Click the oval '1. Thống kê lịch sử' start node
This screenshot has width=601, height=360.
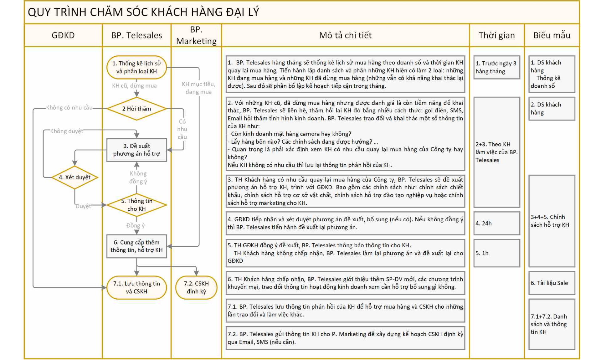tap(136, 67)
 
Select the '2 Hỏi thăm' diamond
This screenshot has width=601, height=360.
tap(136, 109)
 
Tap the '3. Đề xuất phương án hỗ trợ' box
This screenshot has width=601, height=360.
tap(136, 150)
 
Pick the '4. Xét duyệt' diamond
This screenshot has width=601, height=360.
tap(74, 177)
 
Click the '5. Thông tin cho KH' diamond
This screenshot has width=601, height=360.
tap(136, 205)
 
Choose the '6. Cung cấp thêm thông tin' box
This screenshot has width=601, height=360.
tap(136, 246)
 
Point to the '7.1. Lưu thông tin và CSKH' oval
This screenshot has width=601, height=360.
tap(136, 287)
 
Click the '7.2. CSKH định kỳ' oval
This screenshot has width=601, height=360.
tap(196, 287)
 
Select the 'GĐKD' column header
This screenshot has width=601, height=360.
tap(63, 35)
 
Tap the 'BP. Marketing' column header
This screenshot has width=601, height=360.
tap(196, 35)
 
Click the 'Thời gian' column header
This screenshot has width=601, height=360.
tap(497, 35)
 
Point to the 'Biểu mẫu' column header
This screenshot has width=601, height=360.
tap(552, 35)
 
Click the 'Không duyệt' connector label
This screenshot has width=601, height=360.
tap(67, 131)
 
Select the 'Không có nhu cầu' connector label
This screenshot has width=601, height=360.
tap(69, 108)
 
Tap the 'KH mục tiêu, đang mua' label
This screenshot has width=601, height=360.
tap(198, 88)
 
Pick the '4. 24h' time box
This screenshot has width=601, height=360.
tap(497, 223)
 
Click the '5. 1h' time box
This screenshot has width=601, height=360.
tap(497, 253)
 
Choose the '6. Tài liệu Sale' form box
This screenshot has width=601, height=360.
tap(552, 283)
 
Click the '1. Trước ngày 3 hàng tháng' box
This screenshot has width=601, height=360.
tap(497, 67)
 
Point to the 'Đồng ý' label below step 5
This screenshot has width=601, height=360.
tap(135, 225)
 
